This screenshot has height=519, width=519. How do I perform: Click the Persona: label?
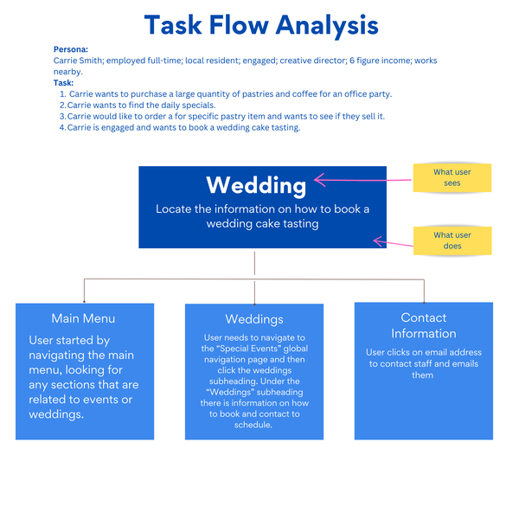coord(71,50)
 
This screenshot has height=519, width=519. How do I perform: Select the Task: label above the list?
coord(63,83)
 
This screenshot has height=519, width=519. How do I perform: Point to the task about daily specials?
coord(143,105)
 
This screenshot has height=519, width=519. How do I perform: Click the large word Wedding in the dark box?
coord(255,185)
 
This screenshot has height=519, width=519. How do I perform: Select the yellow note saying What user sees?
coord(452,177)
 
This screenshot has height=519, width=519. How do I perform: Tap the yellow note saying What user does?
coord(452,240)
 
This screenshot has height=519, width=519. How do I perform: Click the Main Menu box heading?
coord(83,318)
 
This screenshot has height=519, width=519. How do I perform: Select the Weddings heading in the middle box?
coord(254,320)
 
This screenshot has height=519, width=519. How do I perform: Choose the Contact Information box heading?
coord(423,325)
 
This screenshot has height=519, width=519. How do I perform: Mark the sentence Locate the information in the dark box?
coord(262,216)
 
